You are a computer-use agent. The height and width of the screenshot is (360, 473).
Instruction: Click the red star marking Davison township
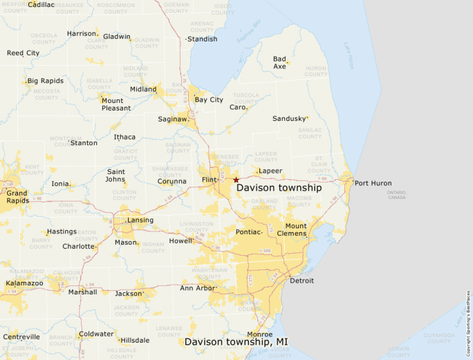coord(236,180)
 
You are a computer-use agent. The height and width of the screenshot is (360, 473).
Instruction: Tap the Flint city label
coord(209,180)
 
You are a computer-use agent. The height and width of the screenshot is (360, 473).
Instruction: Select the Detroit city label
coord(302,281)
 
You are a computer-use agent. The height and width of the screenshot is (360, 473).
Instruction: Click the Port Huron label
coord(373,183)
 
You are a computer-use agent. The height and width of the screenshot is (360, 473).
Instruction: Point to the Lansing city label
coord(140,220)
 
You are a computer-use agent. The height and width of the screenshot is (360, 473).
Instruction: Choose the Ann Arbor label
coord(198,288)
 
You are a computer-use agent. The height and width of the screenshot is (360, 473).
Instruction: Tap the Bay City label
coord(209,100)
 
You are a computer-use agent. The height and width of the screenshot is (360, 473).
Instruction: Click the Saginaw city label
coord(173,119)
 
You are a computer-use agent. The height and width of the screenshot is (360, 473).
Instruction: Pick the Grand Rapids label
coord(17,198)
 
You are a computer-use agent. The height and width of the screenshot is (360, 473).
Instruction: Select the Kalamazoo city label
coord(24,283)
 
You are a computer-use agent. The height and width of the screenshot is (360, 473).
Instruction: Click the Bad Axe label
coord(279,63)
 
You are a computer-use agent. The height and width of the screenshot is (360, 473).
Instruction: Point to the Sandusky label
coord(288,119)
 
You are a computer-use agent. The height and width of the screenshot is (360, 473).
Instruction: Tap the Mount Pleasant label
coord(116,104)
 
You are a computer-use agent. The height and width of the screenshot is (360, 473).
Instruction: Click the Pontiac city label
coord(248,232)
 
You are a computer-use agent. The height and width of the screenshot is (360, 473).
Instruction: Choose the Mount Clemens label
coord(296,229)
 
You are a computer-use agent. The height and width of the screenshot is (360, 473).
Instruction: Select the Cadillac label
coord(41,5)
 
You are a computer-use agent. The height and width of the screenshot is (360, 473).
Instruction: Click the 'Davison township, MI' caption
coord(236,341)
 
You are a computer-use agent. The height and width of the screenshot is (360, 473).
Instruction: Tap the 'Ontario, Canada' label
coord(398,195)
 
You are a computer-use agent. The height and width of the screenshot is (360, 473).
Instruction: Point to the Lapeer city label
coord(270,171)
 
